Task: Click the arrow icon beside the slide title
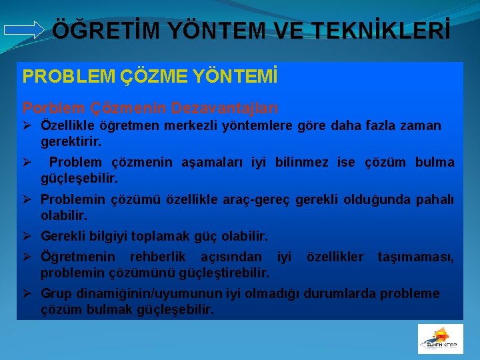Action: point(23,29)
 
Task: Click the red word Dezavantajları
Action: point(225,107)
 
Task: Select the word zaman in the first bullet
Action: point(419,125)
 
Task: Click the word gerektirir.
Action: point(71,142)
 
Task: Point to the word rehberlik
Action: point(158,257)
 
